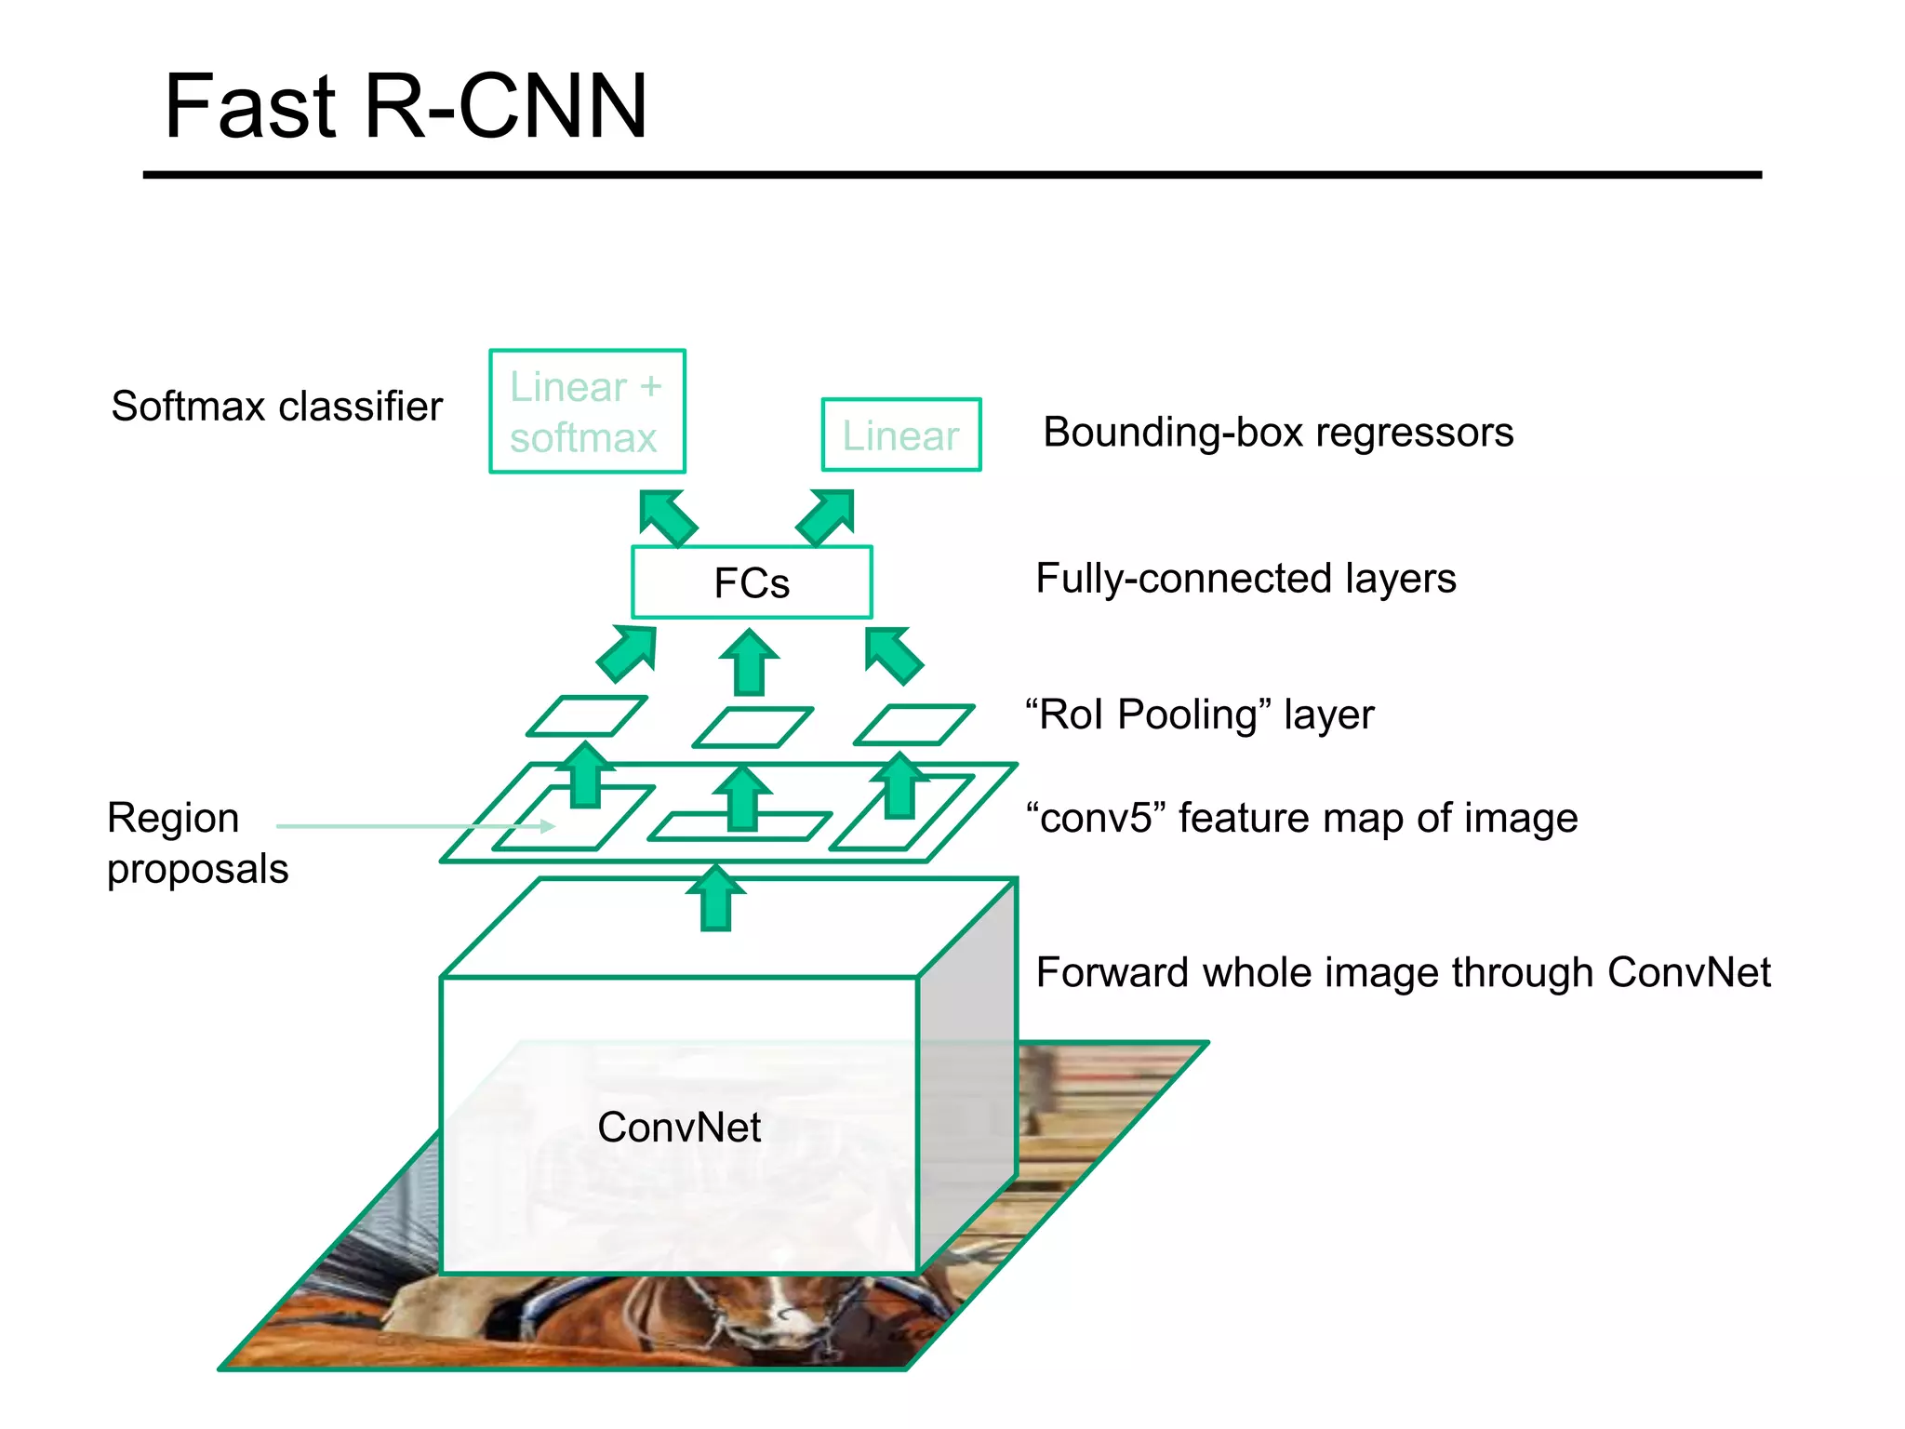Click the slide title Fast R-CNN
[x=405, y=107]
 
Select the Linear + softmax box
[x=587, y=411]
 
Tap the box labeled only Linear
[x=900, y=434]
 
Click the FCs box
[x=752, y=582]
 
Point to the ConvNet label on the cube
[x=679, y=1128]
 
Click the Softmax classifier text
[x=276, y=407]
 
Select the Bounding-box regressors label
[x=1278, y=433]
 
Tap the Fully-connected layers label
[x=1246, y=579]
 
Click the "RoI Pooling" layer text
[x=1199, y=714]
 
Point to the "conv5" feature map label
[x=1301, y=819]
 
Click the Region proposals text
[x=197, y=843]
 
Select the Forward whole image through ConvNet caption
[x=1403, y=973]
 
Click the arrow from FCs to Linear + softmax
[x=667, y=517]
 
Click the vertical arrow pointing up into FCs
[x=749, y=662]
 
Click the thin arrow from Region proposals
[x=414, y=825]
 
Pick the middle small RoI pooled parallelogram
[x=753, y=728]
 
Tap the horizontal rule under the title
[x=952, y=174]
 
